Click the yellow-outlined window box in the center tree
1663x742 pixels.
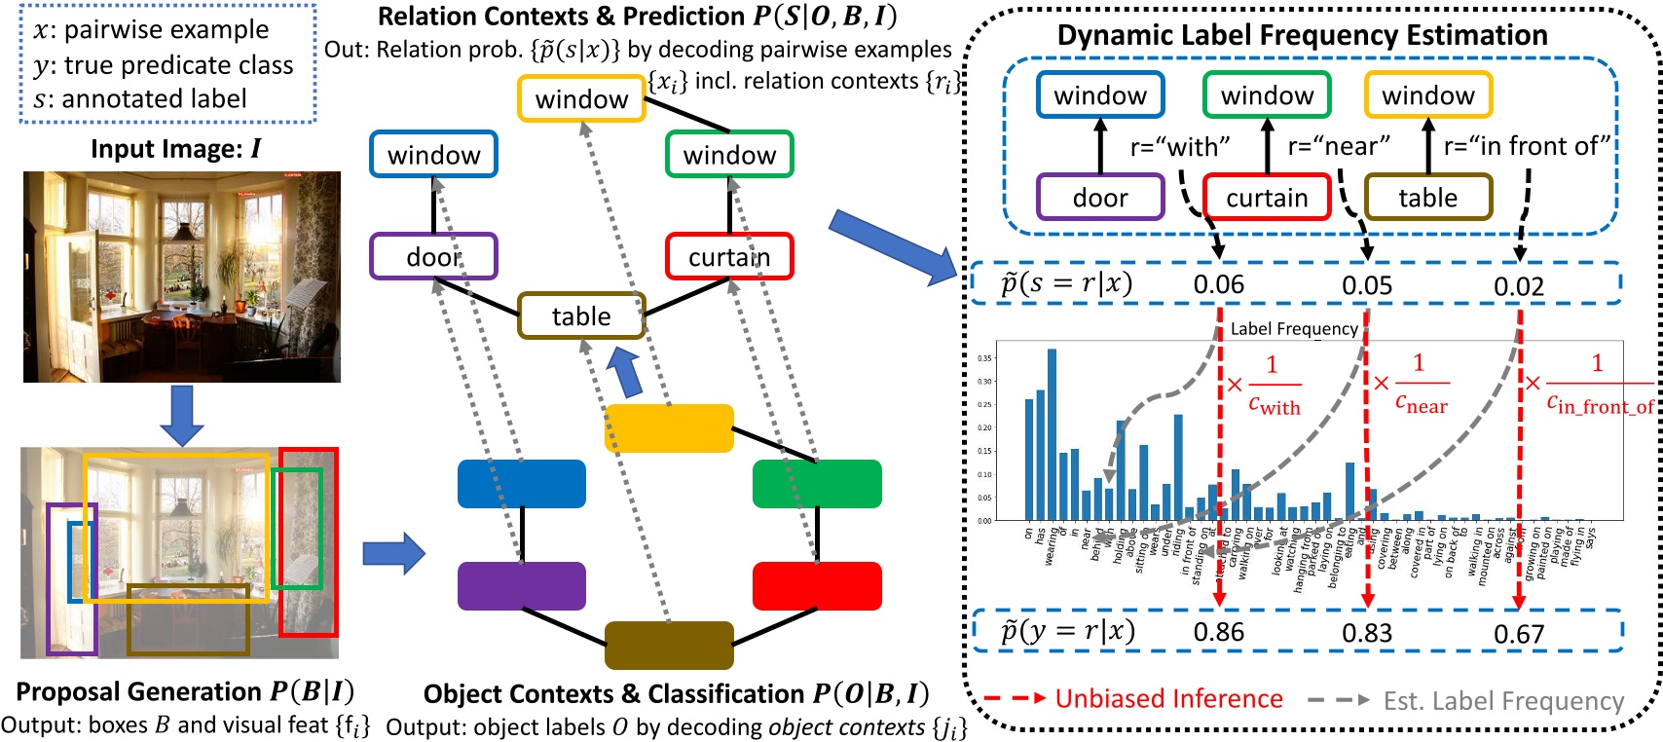coord(581,98)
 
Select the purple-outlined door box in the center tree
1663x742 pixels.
coord(433,256)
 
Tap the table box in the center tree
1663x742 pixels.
coord(581,315)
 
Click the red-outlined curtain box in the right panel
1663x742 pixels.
coord(1267,198)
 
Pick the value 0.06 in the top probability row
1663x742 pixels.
coord(1218,284)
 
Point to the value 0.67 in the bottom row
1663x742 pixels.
coord(1519,635)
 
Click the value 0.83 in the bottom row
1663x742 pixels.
coord(1367,633)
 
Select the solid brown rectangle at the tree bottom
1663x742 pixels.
coord(669,645)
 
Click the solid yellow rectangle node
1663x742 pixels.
coord(669,428)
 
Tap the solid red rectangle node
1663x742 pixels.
coord(817,586)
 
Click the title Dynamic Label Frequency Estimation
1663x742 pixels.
coord(1302,35)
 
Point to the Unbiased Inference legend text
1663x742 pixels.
coord(1168,699)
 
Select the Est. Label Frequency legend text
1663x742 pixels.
coord(1503,701)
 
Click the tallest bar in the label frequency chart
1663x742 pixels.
coord(1052,433)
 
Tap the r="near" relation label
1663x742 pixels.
coord(1339,146)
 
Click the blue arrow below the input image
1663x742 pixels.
coord(182,414)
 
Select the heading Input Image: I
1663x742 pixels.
coord(176,149)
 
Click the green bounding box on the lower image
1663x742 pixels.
coord(297,528)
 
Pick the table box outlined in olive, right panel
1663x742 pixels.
coord(1427,198)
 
